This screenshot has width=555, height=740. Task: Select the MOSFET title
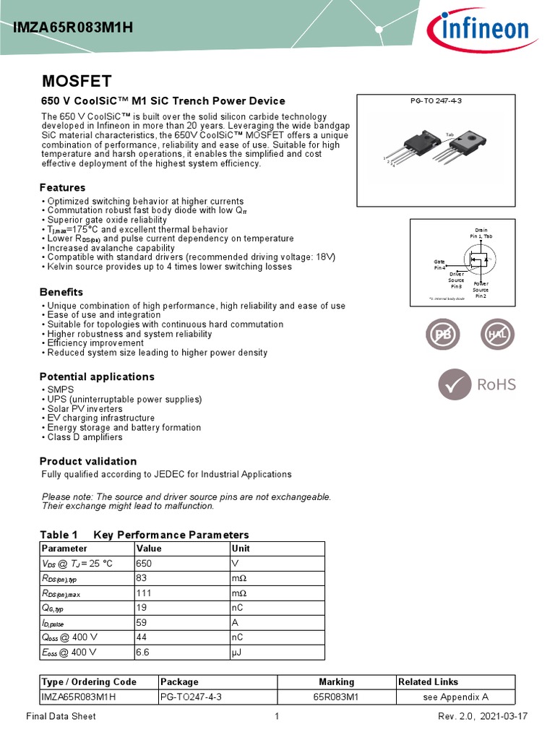tap(76, 80)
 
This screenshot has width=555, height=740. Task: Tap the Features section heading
tap(62, 188)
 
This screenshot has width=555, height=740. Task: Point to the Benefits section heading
tap(61, 292)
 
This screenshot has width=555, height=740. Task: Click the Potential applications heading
tap(97, 377)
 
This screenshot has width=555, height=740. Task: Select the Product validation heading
tap(87, 461)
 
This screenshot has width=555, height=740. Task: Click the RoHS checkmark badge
tap(478, 384)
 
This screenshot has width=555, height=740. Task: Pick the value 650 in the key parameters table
tap(144, 563)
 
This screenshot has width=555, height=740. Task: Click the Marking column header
tap(336, 681)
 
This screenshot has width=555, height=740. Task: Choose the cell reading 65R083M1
tap(336, 697)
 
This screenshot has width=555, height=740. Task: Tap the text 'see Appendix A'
tap(455, 697)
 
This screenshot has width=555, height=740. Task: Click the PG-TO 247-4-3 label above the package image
tap(436, 100)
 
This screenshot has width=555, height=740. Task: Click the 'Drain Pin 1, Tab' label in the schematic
tap(481, 233)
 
